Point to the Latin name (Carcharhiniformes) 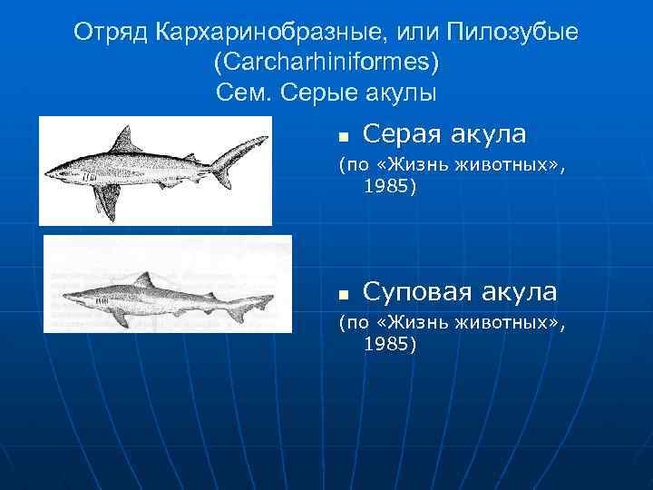coord(326,63)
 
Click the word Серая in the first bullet coord(404,134)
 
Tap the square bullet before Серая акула coord(344,137)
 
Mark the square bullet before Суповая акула coord(344,294)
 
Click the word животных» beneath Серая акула coord(510,165)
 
